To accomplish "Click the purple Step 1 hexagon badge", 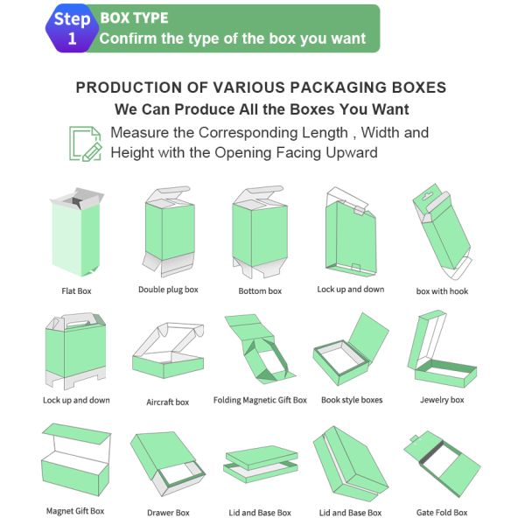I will [72, 29].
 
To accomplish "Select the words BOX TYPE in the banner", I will [134, 17].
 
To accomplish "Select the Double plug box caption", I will [168, 290].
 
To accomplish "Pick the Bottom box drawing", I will [260, 232].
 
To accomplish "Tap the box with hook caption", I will [442, 291].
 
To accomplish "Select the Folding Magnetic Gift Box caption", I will [260, 401].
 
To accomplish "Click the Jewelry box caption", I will [442, 401].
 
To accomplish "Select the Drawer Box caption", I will [168, 513].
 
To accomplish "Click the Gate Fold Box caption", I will [442, 513].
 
